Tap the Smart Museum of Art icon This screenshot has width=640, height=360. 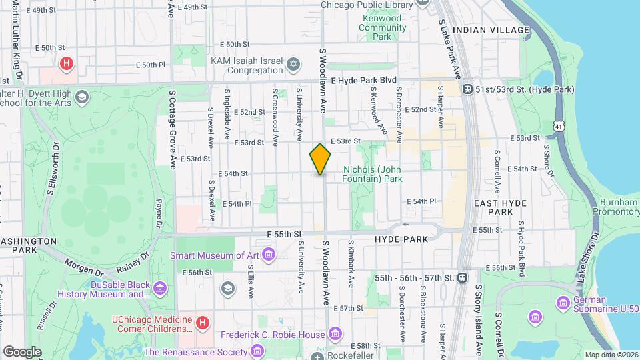point(269,254)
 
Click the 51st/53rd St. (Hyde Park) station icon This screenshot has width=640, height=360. point(468,89)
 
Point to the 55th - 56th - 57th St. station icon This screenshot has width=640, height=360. point(461,277)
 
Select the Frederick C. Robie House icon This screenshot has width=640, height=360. point(335,333)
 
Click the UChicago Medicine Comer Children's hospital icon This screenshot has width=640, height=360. point(203,323)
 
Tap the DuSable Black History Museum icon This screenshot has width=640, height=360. point(159,287)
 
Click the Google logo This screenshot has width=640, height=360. point(22,351)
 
